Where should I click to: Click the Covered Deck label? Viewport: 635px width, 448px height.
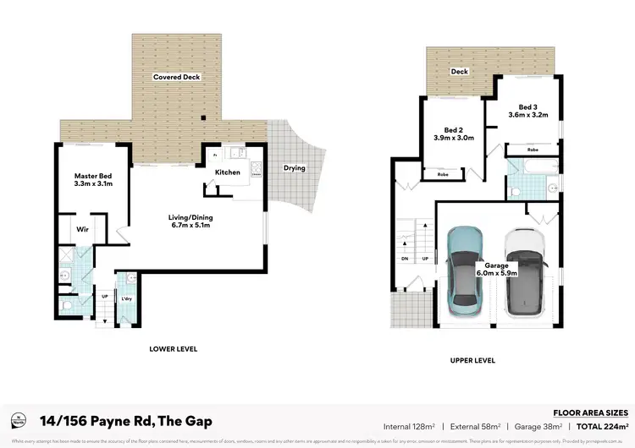coord(176,77)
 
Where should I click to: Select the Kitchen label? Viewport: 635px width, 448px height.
coord(227,172)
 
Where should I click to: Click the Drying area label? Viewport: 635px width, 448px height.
coord(294,167)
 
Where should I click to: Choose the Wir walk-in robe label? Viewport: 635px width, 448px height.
coord(83,229)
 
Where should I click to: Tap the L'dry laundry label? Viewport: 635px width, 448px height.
coord(126,300)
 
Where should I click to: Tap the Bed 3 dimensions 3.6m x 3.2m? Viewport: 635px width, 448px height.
coord(527,115)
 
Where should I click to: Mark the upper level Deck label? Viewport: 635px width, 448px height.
coord(460,72)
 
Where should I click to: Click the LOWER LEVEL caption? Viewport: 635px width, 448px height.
coord(173,348)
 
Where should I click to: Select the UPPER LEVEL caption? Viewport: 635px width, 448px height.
coord(473,360)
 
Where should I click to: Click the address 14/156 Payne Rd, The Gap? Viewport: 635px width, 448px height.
coord(125,421)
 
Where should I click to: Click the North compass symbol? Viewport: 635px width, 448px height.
coord(18,420)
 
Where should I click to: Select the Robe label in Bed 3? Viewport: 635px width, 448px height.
coord(533,150)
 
